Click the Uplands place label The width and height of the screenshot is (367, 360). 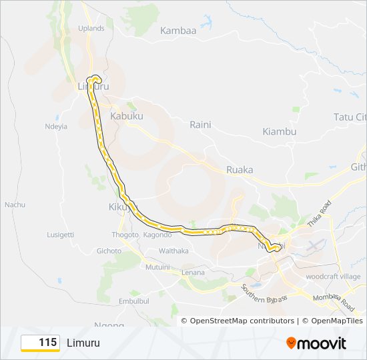point(91,28)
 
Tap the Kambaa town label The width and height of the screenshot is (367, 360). point(178,31)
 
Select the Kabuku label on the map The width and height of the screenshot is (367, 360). point(127,116)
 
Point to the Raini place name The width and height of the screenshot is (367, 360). point(200,125)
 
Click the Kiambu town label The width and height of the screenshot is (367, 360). point(280,131)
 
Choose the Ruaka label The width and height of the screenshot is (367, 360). point(240,169)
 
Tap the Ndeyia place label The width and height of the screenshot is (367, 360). point(56,126)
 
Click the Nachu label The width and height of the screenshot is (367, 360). point(15,204)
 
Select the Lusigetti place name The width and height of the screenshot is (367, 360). point(61,235)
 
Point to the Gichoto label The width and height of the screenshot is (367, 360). point(109,251)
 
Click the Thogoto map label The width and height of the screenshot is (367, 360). point(125,235)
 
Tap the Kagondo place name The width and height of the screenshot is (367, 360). point(157,235)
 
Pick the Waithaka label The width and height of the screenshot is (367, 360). point(173,251)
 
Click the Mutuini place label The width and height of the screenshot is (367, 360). point(157,267)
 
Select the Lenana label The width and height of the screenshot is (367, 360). point(194,272)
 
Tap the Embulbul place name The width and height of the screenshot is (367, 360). point(133,301)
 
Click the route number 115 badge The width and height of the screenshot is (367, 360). point(41,343)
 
